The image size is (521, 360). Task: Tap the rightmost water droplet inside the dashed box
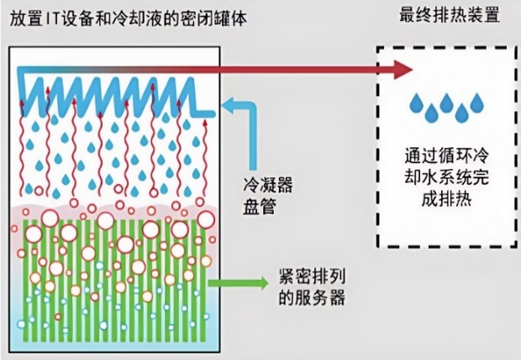pos(477,103)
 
